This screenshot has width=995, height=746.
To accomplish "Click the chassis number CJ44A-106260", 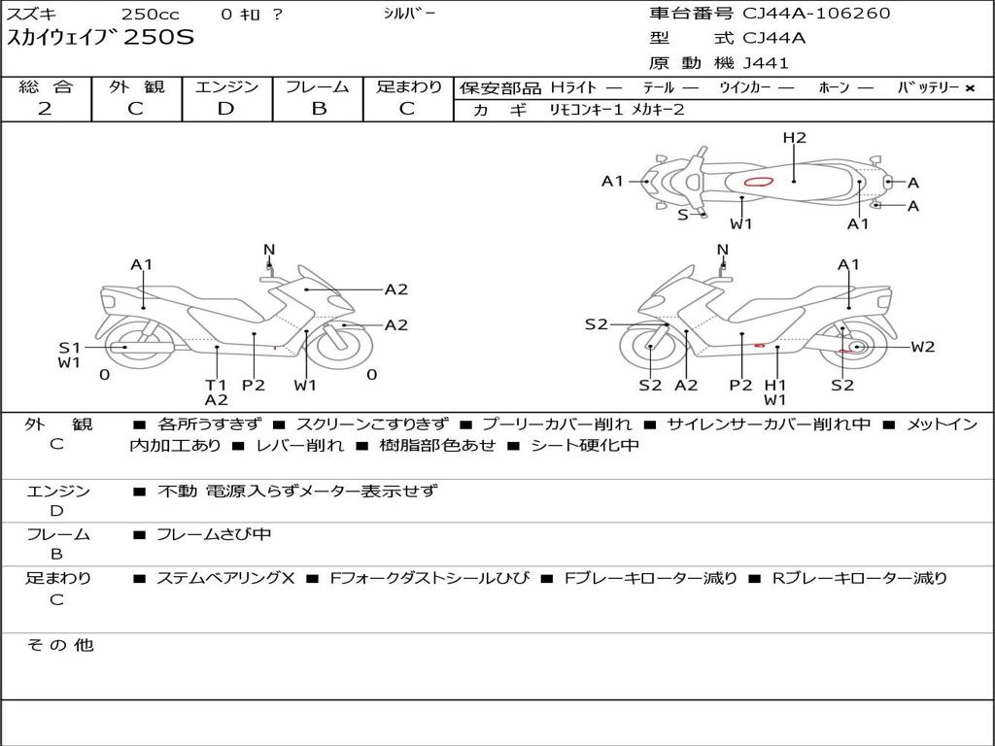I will [x=816, y=14].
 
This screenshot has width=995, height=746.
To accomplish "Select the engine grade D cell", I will [x=225, y=108].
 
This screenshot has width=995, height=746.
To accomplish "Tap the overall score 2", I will [x=45, y=108].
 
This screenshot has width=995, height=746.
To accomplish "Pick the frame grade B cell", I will [x=318, y=108].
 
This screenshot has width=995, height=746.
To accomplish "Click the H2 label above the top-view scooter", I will [x=795, y=138].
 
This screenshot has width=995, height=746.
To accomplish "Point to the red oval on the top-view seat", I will [x=758, y=181].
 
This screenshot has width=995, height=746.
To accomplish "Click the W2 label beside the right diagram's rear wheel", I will [x=922, y=347].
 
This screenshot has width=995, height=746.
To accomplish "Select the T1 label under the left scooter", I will [x=216, y=385].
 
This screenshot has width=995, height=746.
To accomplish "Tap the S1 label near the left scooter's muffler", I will [x=69, y=348].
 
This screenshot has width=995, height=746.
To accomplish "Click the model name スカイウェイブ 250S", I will [x=101, y=38].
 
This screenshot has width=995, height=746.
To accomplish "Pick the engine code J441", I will [x=766, y=63].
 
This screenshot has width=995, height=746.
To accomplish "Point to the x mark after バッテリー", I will [x=969, y=88].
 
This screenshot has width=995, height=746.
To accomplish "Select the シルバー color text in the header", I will [x=410, y=14].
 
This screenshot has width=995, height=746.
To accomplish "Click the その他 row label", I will [x=59, y=645].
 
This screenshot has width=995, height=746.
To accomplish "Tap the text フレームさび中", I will [x=214, y=534].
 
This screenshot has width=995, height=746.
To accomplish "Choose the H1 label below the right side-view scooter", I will [x=774, y=385].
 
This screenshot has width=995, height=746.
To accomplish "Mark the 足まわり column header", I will [x=408, y=86].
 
